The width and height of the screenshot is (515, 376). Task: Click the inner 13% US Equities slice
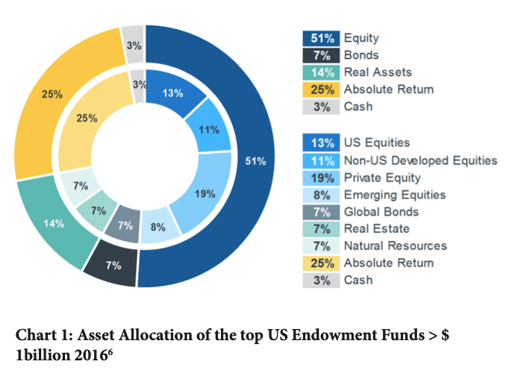coord(172,94)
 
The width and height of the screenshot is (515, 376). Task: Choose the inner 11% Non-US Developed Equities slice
coord(210,130)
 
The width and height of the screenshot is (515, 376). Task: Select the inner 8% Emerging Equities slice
coord(157,227)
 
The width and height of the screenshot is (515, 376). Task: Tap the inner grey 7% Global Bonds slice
coord(125,225)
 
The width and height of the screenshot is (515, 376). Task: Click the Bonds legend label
coord(361,55)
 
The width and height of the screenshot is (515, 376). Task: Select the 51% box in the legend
coord(321,38)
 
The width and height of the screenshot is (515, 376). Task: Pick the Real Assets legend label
coord(378,72)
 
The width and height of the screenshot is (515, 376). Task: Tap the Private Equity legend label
coord(382,178)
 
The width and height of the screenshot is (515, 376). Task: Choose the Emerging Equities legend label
coord(395,195)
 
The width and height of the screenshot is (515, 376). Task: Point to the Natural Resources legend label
coord(396,245)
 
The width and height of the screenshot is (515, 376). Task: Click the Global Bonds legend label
coord(377,212)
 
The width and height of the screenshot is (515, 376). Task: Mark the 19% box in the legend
coord(321,178)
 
